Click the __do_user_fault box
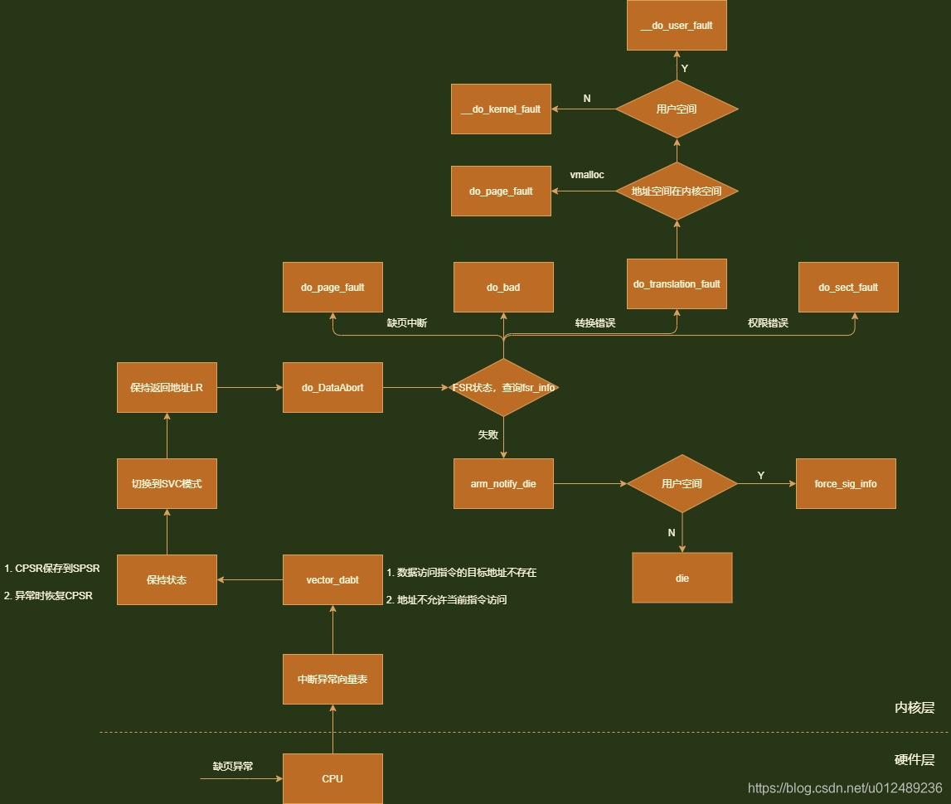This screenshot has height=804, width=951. pos(677,26)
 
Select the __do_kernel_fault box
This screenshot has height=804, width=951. pos(501,109)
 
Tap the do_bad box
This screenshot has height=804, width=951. pos(503,288)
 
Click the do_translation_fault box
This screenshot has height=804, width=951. pos(677,284)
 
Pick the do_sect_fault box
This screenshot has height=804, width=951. pos(847,288)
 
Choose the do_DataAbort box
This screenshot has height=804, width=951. pos(332,387)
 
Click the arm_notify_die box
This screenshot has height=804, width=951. pos(503,483)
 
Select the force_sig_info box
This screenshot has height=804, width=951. pos(846,483)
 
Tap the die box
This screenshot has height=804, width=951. pos(682,578)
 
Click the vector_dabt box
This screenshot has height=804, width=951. pos(332,580)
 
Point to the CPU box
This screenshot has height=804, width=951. pos(332,778)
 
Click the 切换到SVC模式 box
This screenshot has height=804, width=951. pos(167,483)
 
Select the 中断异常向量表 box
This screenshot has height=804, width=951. pos(332,679)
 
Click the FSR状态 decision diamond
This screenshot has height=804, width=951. pos(503,387)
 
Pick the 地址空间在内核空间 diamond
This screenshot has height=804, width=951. pos(677,191)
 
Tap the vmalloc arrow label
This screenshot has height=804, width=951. pos(587,175)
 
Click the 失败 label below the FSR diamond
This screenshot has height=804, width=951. pos(488,434)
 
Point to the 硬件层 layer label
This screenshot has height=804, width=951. pos(914,760)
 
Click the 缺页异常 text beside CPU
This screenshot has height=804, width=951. pos(233,767)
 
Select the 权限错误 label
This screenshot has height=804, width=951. pos(768,323)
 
